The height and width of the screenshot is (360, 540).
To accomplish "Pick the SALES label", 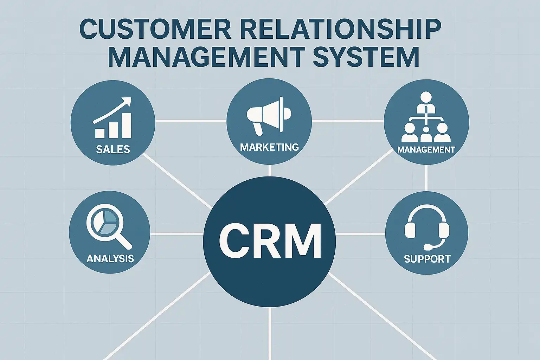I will [113, 149].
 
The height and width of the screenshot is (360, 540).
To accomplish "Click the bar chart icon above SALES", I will [113, 126].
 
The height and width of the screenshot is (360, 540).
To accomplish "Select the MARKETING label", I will [269, 147].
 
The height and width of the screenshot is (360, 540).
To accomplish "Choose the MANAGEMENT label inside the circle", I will [426, 149].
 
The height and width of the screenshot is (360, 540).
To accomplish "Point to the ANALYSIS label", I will [110, 258].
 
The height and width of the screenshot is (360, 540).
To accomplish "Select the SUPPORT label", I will [427, 259].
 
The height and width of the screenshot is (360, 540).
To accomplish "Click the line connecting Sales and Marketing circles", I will [191, 121].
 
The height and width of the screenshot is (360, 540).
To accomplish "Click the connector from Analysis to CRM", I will [177, 233].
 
